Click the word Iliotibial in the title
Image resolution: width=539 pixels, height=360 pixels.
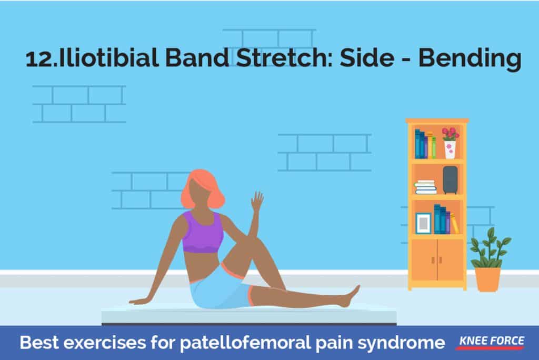coord(108,58)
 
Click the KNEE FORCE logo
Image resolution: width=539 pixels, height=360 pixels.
coord(491,342)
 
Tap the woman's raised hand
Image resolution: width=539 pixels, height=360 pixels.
coord(257,201)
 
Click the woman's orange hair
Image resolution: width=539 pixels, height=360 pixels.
coord(202,189)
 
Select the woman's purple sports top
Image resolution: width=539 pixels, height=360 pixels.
coord(202,232)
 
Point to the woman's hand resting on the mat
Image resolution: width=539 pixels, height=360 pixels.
coord(139,301)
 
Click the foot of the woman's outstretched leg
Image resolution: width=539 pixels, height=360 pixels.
coord(350,296)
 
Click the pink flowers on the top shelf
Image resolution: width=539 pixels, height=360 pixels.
coord(451,134)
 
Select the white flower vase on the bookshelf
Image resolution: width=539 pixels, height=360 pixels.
coord(450,149)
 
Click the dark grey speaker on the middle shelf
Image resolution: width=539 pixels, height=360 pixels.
coord(450,180)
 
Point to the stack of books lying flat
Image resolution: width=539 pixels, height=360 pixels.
coord(425,187)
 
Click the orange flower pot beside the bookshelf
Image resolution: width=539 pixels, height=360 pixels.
coord(487,279)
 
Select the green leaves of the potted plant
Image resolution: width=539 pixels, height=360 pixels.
coord(491,247)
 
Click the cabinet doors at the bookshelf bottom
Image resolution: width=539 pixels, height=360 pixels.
coord(437,259)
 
